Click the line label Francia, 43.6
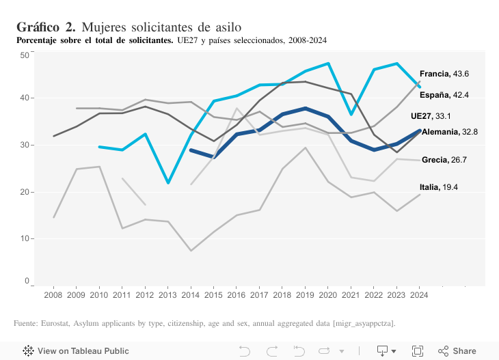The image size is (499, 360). (x=444, y=73)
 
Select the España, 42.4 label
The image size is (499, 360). (x=444, y=95)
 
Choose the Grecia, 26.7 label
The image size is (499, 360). (x=444, y=160)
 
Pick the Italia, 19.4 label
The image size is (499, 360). (x=439, y=186)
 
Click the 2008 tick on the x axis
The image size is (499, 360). (x=53, y=294)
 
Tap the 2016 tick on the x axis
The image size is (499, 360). (x=237, y=294)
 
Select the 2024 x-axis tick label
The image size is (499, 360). (x=420, y=294)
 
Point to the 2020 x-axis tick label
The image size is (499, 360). (x=328, y=294)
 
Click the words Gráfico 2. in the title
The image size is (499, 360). (x=46, y=27)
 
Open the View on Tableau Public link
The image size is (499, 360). (x=75, y=351)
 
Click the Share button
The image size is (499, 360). (x=457, y=351)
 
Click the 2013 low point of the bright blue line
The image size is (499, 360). (x=167, y=183)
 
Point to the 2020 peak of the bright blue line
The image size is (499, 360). (x=329, y=64)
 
